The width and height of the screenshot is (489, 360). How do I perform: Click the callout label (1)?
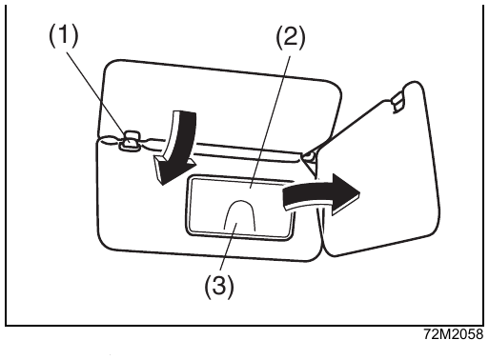coord(63,36)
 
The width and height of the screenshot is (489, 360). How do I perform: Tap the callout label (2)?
coord(290,37)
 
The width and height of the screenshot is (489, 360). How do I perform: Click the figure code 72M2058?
coord(454,334)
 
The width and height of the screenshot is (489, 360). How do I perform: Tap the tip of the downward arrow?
coord(162,185)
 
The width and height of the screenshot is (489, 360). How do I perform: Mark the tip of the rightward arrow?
coord(360,192)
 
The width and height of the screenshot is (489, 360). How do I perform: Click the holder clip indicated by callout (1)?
coord(129,141)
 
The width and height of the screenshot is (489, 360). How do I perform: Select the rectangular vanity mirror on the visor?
coord(239,207)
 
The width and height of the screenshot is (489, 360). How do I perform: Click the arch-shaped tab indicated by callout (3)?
coord(240,215)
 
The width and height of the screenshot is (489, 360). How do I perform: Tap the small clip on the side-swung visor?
coord(397,101)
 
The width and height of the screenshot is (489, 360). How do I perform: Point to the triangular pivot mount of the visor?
coord(310,162)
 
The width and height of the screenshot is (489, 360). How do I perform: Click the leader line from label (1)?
coord(96,93)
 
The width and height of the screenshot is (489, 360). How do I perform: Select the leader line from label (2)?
coord(271,122)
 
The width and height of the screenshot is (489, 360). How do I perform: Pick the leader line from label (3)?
coord(228,249)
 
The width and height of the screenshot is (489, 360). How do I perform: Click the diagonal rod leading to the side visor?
coord(349,128)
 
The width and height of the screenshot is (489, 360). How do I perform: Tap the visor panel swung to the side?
coord(381,178)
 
